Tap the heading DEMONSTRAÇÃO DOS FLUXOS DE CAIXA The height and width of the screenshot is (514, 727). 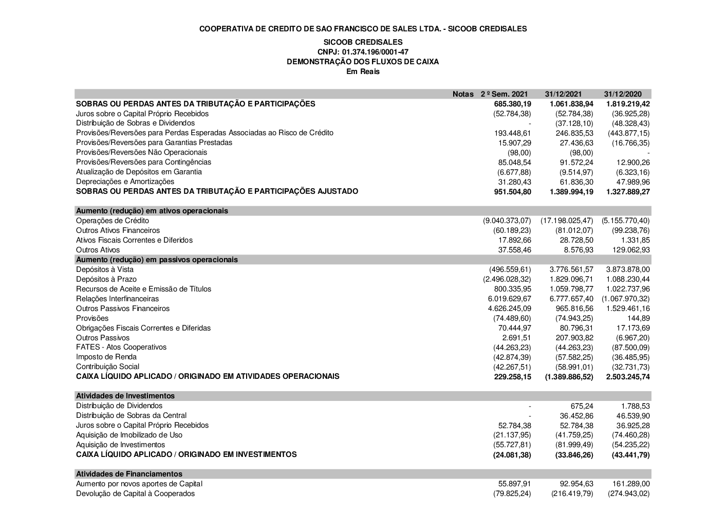(x=363, y=62)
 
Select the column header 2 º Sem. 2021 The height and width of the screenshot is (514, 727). (x=504, y=94)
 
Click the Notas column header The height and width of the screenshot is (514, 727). (x=463, y=94)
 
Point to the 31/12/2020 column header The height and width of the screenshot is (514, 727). (x=623, y=94)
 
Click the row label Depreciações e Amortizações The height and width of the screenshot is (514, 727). (x=125, y=181)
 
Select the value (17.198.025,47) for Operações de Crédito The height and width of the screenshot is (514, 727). (x=566, y=221)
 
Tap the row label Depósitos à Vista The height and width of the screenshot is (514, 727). (x=105, y=269)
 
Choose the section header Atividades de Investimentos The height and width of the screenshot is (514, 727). (x=125, y=396)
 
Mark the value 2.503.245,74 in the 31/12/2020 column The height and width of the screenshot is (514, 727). (x=628, y=377)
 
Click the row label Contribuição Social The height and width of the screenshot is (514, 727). (x=107, y=366)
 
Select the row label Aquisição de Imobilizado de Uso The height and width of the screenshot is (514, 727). (x=129, y=435)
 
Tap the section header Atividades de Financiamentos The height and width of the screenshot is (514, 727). (x=129, y=474)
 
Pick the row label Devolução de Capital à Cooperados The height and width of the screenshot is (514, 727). (x=135, y=493)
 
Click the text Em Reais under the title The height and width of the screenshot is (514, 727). (x=363, y=71)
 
